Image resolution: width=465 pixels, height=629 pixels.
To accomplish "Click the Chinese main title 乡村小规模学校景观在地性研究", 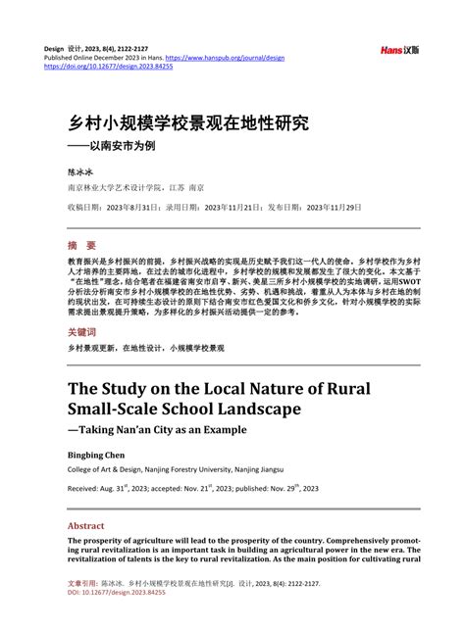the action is pyautogui.click(x=186, y=123).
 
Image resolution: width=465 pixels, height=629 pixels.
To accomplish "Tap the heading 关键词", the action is pyautogui.click(x=82, y=333).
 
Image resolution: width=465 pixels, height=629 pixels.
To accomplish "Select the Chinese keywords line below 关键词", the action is pyautogui.click(x=145, y=348).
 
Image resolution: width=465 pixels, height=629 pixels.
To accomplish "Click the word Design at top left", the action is pyautogui.click(x=54, y=47).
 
